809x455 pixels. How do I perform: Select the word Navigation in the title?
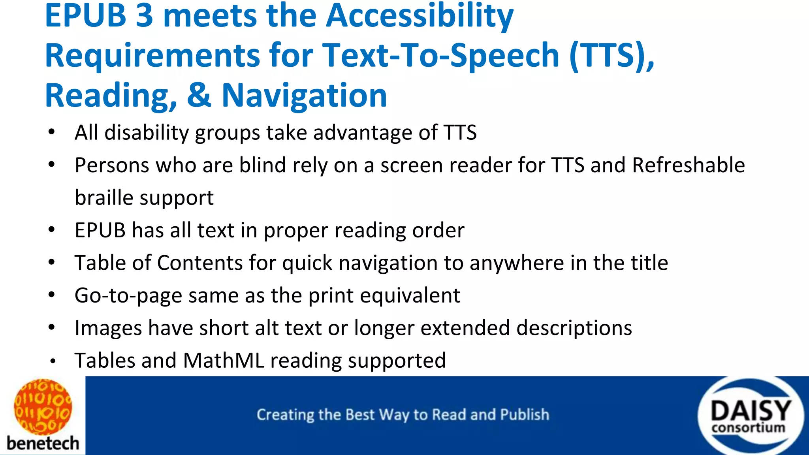point(304,96)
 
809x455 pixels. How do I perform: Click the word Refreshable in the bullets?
point(688,165)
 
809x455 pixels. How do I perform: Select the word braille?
point(104,197)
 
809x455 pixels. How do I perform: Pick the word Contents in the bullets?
point(200,263)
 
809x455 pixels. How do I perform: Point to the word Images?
point(108,328)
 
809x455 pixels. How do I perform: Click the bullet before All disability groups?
point(51,133)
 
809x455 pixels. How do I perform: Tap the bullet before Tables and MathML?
point(53,361)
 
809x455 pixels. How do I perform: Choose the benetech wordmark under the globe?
point(43,443)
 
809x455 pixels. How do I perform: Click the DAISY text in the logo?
point(751,411)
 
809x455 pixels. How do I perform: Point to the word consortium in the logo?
point(748,428)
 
